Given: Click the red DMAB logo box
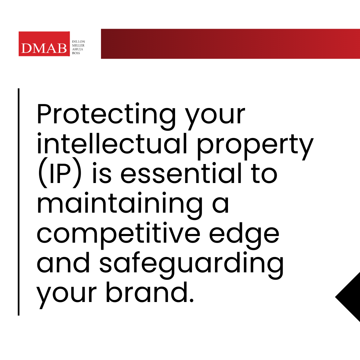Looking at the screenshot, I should pyautogui.click(x=44, y=44).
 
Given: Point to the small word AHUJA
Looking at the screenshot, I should pyautogui.click(x=78, y=49).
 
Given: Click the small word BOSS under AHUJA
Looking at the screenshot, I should pyautogui.click(x=76, y=53).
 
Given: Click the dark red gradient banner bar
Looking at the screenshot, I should pyautogui.click(x=230, y=44).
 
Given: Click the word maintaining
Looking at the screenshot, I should pyautogui.click(x=119, y=205).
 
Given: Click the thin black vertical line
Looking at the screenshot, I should pyautogui.click(x=19, y=202).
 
